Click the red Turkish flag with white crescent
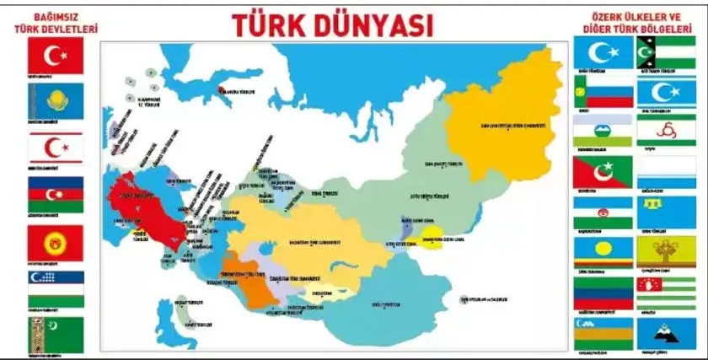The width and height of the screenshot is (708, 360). [56, 55]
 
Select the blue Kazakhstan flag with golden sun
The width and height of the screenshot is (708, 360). [56, 100]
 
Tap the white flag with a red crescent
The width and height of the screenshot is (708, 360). [56, 148]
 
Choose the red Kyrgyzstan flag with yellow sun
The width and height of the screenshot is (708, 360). [56, 243]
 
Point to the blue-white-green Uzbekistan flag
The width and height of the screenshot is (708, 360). [56, 288]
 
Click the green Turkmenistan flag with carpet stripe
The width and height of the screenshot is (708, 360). [56, 334]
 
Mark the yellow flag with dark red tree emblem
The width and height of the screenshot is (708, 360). [666, 250]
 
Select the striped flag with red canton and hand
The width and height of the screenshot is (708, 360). [666, 292]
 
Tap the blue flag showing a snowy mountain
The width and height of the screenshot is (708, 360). [666, 334]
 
